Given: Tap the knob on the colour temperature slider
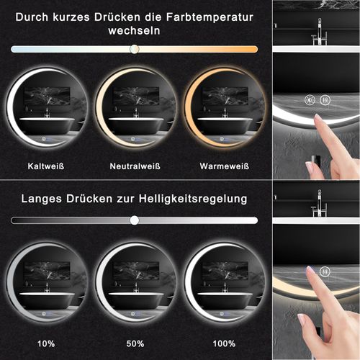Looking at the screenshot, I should (134, 48).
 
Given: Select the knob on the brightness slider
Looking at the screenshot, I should (134, 220).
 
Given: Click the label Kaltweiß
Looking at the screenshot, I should (46, 166).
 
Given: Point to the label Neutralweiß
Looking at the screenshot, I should (134, 166).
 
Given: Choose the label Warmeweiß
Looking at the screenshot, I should (225, 166).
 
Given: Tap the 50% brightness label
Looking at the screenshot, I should (134, 343).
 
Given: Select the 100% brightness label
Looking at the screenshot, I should (225, 343).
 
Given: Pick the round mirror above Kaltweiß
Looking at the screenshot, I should (47, 109).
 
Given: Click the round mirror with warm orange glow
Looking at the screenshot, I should (224, 109).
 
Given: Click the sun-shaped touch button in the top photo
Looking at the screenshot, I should (310, 101).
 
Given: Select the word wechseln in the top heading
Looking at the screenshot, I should (134, 31).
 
